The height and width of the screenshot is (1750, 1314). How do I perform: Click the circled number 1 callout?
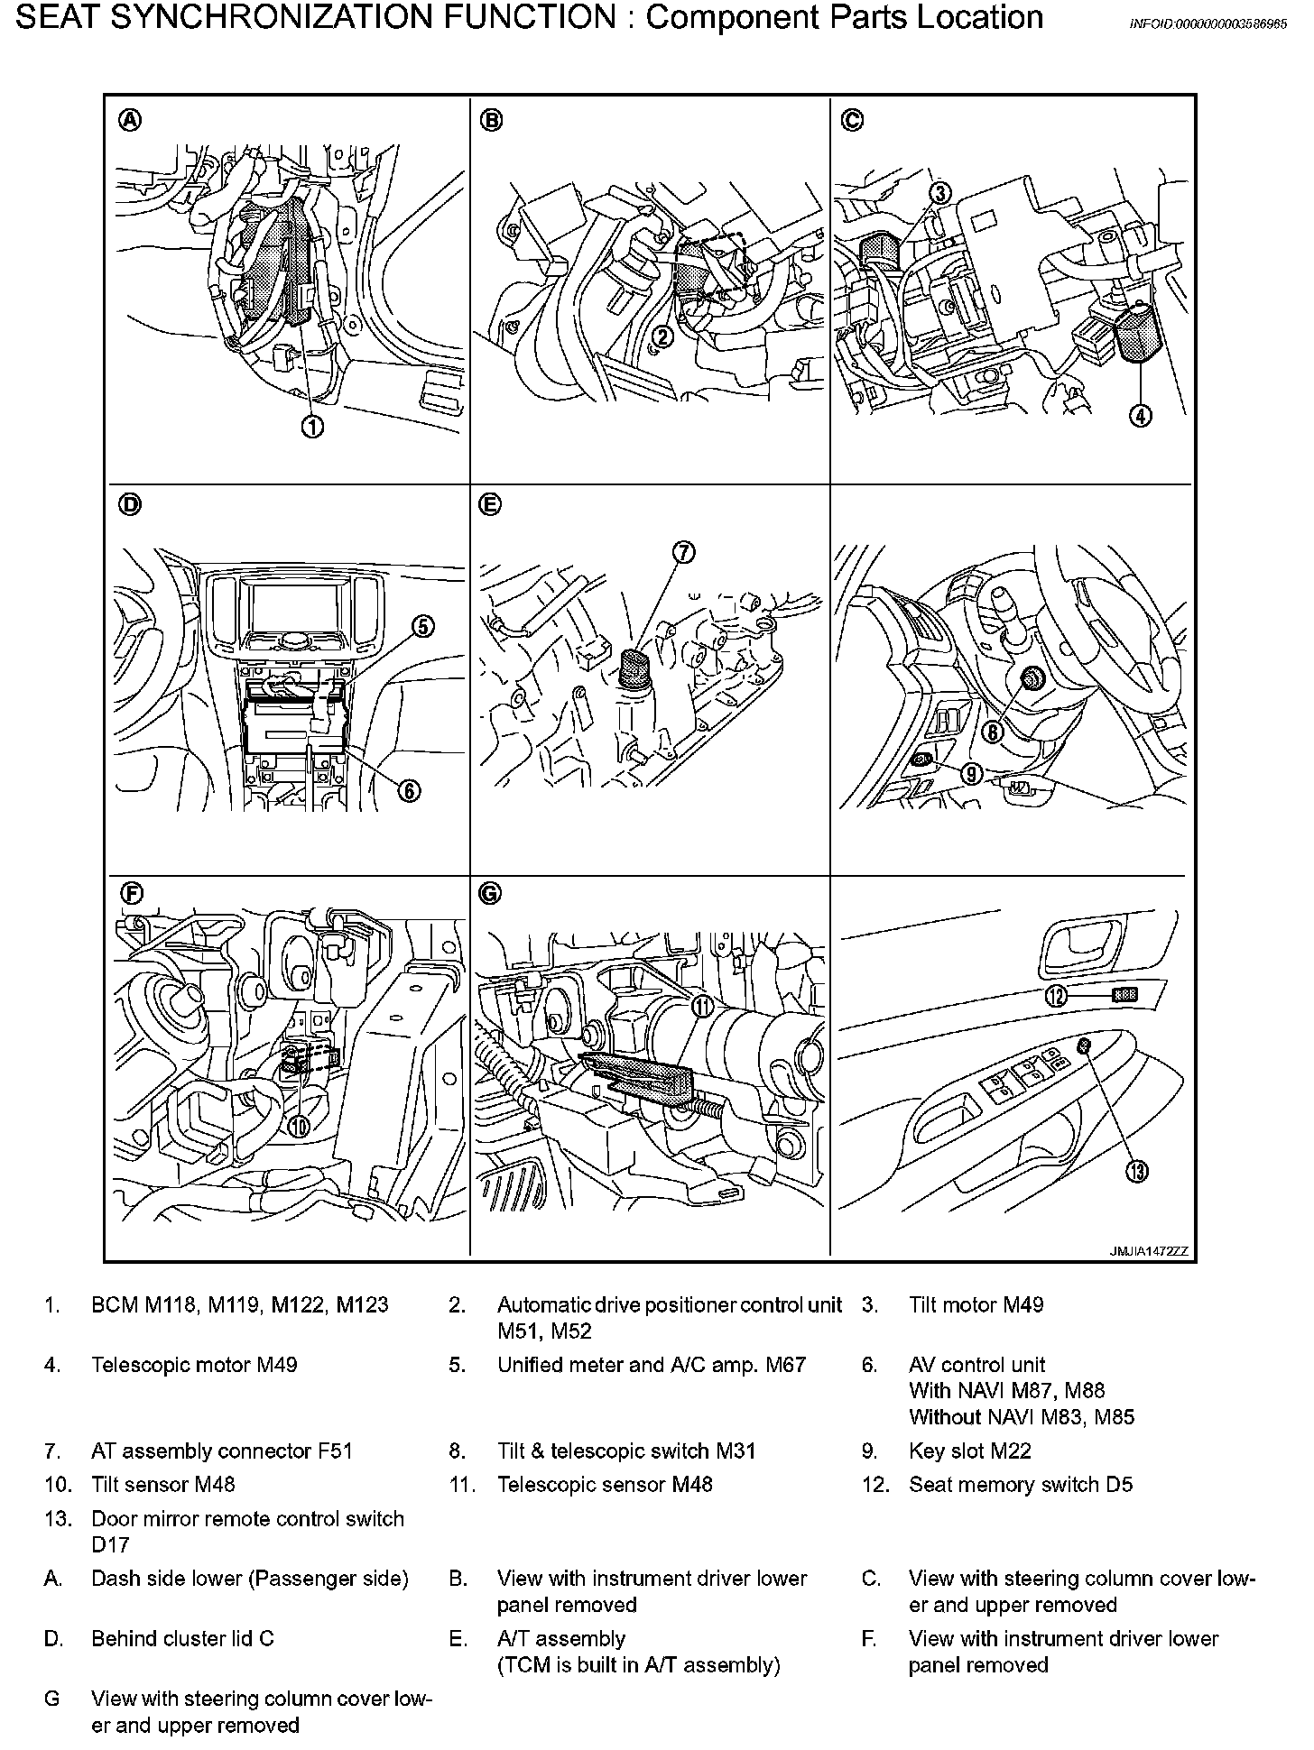coord(312,428)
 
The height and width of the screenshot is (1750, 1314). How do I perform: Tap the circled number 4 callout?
coord(1141,416)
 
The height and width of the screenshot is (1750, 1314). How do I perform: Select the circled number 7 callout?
coord(684,553)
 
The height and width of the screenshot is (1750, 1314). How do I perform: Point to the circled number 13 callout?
coord(1135,1172)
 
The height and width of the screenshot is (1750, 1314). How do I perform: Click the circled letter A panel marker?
coord(131,120)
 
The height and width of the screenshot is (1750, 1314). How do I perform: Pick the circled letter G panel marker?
coord(488,893)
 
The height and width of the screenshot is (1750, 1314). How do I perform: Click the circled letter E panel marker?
coord(488,505)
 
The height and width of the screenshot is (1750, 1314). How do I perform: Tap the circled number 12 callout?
coord(1056,996)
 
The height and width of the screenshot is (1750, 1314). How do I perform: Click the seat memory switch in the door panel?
coord(1124,995)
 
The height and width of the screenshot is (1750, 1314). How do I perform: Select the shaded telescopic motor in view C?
coord(1134,332)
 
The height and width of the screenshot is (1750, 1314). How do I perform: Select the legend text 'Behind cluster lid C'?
coord(182,1638)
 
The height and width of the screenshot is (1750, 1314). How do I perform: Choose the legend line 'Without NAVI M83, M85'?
coord(1022,1417)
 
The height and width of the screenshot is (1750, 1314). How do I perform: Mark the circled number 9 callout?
coord(971,774)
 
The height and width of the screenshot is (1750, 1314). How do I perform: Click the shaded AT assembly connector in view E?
coord(635,668)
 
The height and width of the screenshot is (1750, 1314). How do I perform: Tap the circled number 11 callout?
coord(702,1007)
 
